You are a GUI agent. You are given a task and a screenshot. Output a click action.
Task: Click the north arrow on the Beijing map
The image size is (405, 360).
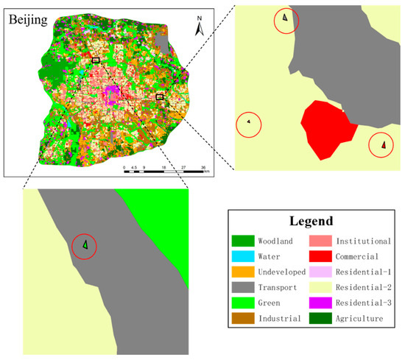199,28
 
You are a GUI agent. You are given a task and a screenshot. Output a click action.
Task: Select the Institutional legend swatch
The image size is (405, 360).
321,241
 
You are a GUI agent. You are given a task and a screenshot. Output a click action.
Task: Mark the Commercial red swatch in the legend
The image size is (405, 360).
321,257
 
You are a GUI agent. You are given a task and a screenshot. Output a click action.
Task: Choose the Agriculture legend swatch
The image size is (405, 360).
321,319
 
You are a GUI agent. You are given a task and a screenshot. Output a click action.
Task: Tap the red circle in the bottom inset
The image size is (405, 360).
85,245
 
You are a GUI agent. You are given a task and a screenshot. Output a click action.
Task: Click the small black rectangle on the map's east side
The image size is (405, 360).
160,96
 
